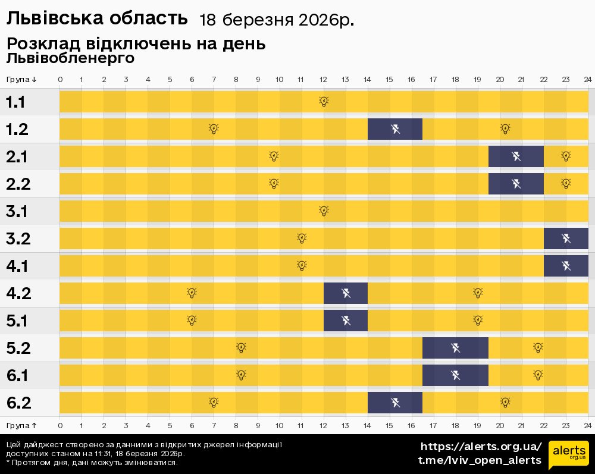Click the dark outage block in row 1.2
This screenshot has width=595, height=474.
pyautogui.click(x=395, y=129)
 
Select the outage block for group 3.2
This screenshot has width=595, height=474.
pyautogui.click(x=566, y=238)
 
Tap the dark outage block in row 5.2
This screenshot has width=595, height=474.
pyautogui.click(x=455, y=348)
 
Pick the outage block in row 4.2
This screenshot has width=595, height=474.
pyautogui.click(x=346, y=293)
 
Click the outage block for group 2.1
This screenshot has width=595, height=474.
pyautogui.click(x=516, y=156)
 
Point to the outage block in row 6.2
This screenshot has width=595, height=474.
pyautogui.click(x=395, y=403)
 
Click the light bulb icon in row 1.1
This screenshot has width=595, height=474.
pyautogui.click(x=324, y=102)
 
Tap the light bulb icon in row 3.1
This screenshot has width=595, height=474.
pyautogui.click(x=324, y=211)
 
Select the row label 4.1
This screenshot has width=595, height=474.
pyautogui.click(x=18, y=266)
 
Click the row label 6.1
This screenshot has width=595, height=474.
pyautogui.click(x=18, y=375)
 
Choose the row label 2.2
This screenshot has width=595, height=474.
pyautogui.click(x=18, y=184)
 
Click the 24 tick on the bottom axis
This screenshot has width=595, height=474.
pyautogui.click(x=587, y=425)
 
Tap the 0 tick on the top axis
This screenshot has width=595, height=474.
pyautogui.click(x=60, y=80)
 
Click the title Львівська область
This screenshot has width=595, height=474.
pyautogui.click(x=96, y=19)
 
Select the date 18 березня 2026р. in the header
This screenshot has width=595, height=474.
pyautogui.click(x=277, y=20)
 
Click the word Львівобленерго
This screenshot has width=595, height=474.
pyautogui.click(x=70, y=58)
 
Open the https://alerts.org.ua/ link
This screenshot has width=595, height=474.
pyautogui.click(x=481, y=447)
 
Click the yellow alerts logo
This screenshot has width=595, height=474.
pyautogui.click(x=568, y=455)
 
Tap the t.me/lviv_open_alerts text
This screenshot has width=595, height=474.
pyautogui.click(x=480, y=460)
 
